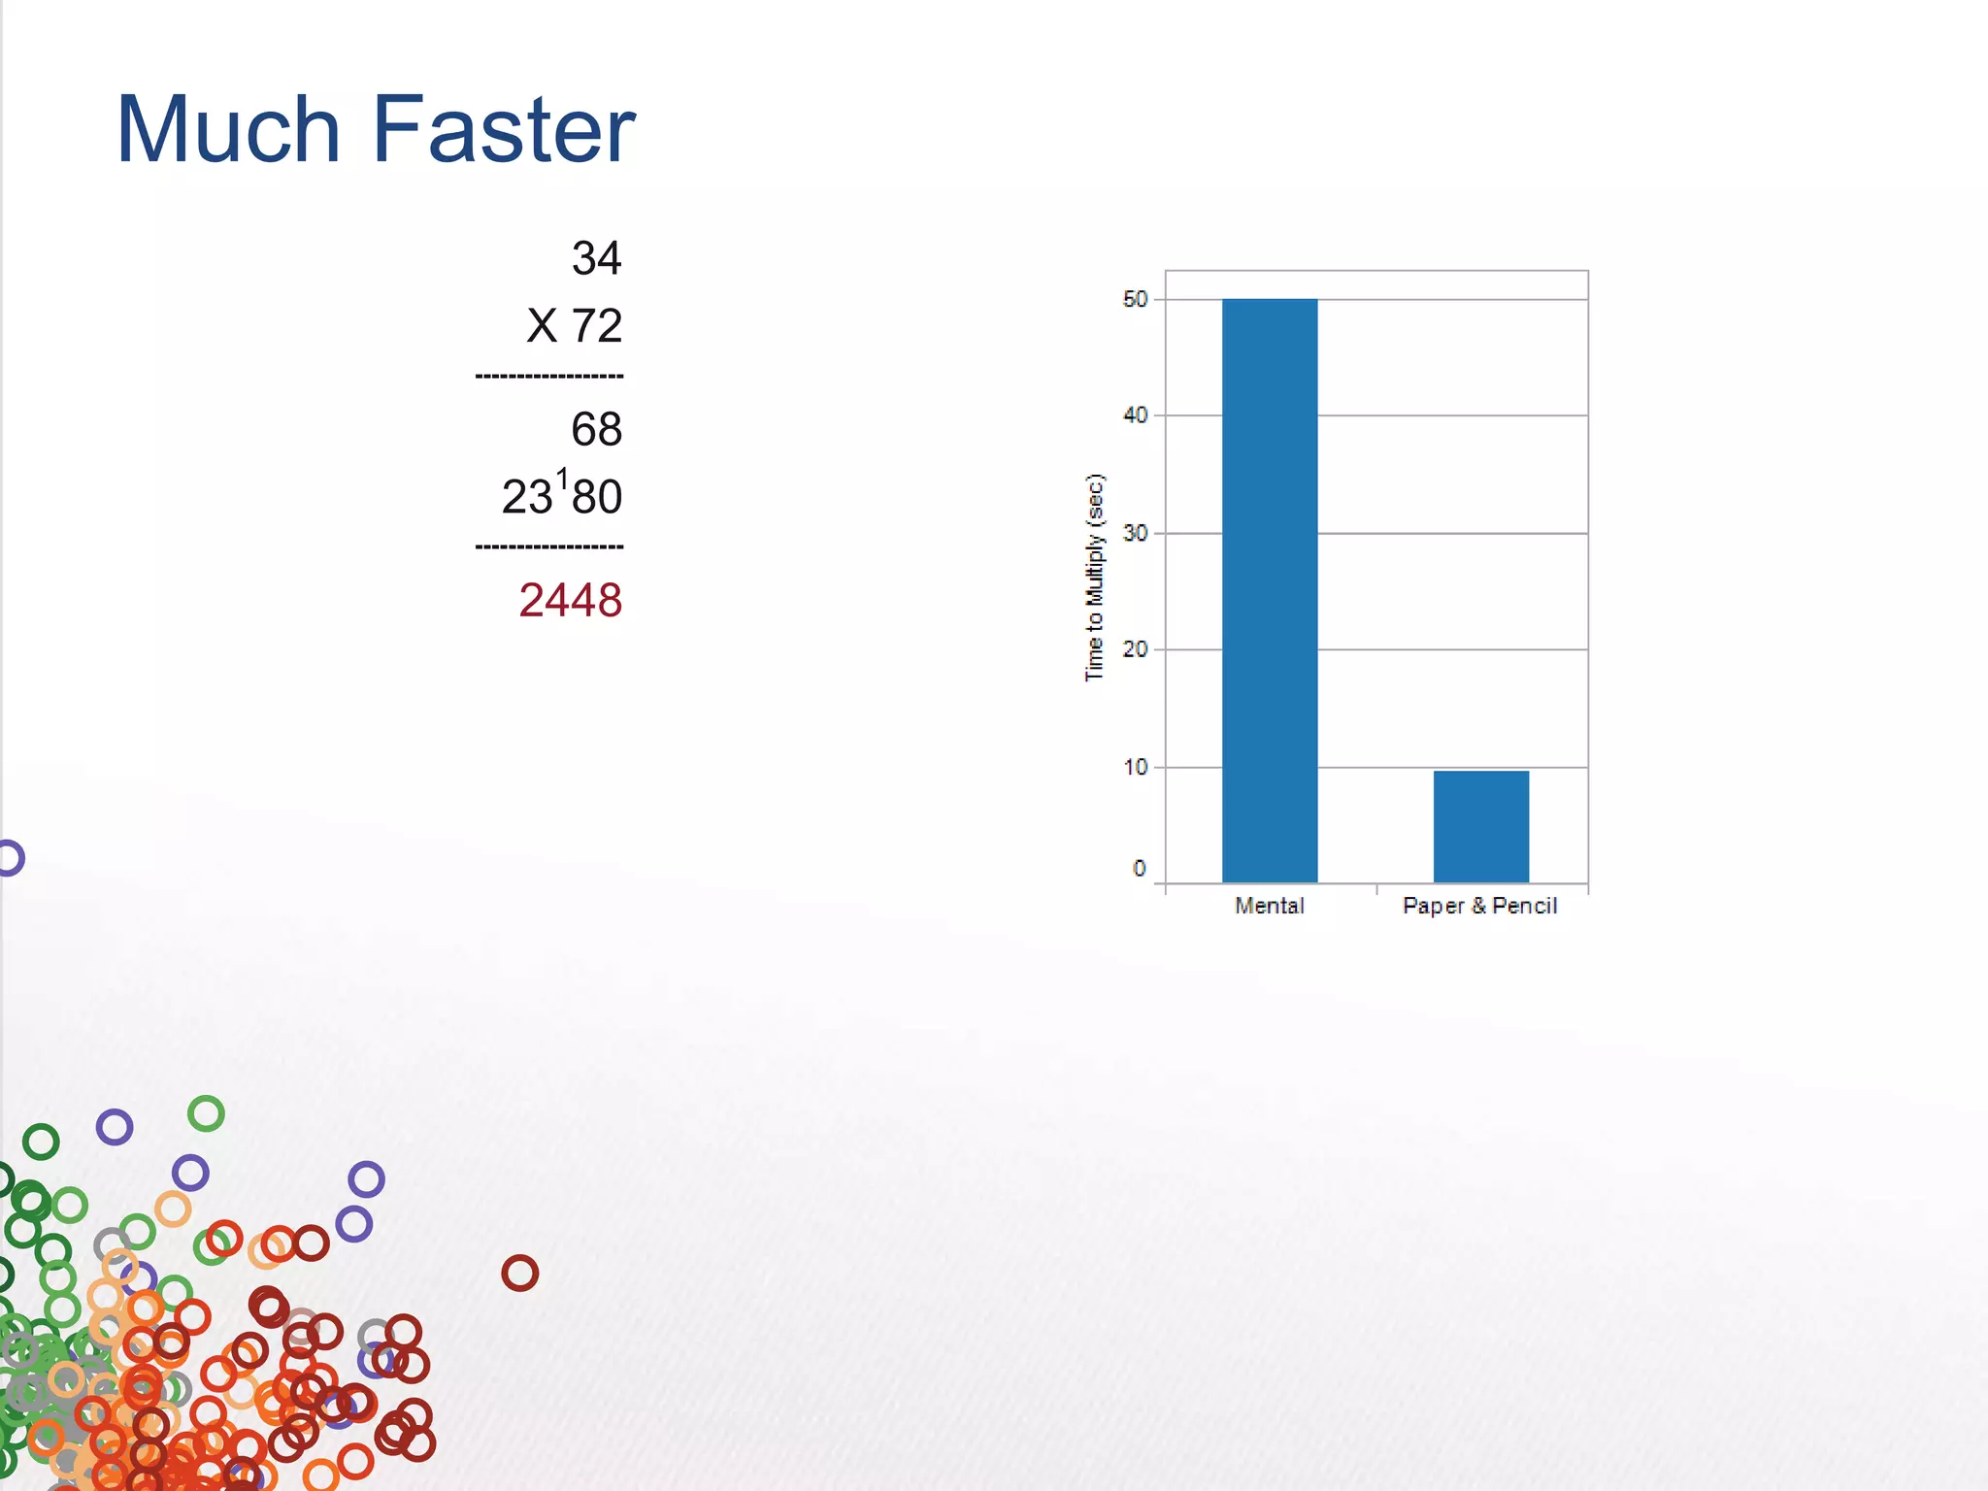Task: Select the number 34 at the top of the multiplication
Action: [x=596, y=259]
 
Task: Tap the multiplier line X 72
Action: [x=574, y=326]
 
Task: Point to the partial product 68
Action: [x=596, y=430]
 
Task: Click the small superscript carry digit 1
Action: [x=562, y=479]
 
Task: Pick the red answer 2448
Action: [x=570, y=601]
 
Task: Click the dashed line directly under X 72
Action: [x=549, y=376]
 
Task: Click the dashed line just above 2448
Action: [x=549, y=547]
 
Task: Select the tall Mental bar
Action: [x=1269, y=590]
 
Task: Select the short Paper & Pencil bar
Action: [x=1480, y=826]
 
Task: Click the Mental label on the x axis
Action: [x=1269, y=906]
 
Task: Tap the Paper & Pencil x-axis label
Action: [x=1479, y=906]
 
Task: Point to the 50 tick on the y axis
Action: [x=1135, y=300]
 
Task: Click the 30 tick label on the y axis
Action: [x=1135, y=533]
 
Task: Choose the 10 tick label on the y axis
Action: [x=1135, y=768]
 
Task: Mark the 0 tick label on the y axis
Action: [x=1140, y=869]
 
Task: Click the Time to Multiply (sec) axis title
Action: [x=1094, y=578]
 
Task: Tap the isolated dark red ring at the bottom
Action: [x=519, y=1273]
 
